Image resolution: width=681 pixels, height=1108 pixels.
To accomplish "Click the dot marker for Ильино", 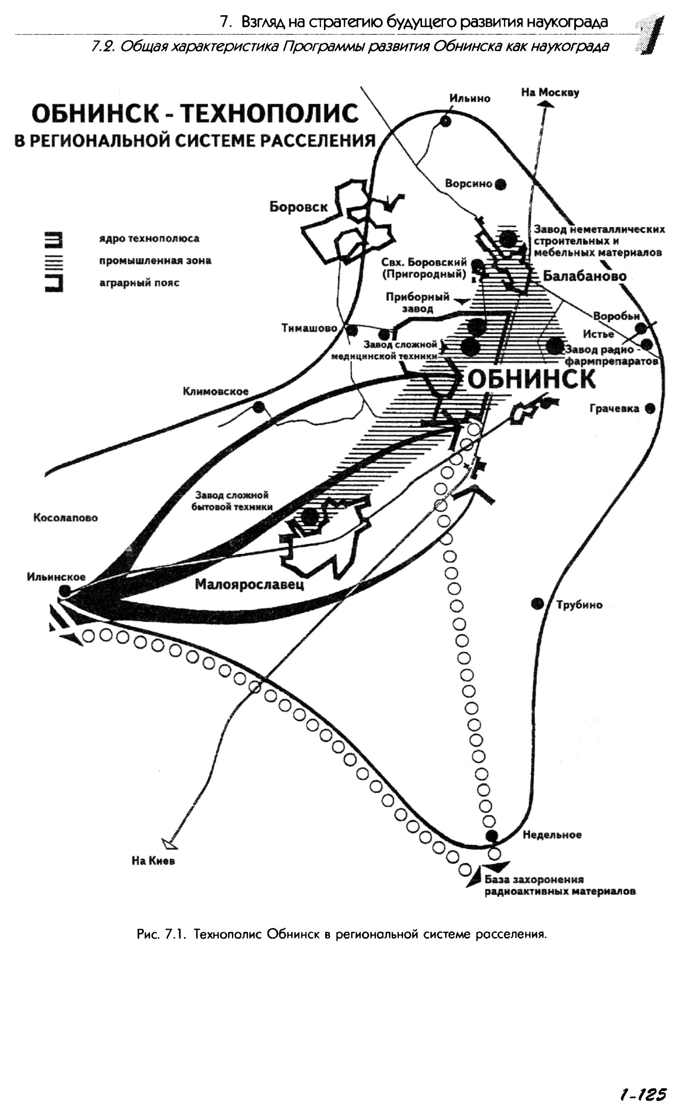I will (x=446, y=121).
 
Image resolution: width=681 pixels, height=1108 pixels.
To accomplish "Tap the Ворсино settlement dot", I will (x=501, y=184).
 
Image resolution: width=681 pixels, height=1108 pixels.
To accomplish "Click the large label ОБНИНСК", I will (x=532, y=380).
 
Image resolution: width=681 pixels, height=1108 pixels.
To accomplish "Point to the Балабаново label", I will (x=585, y=276).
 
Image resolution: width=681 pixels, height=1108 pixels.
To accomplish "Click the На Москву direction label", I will (x=550, y=93).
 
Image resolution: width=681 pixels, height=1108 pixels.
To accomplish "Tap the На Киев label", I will (x=153, y=861).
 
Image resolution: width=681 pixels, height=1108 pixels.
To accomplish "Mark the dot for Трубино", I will (x=537, y=604).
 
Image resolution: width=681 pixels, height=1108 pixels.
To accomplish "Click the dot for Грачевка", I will (x=650, y=408).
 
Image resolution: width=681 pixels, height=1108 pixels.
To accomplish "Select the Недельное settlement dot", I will (x=492, y=835).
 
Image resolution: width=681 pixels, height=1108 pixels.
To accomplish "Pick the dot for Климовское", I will (x=258, y=407).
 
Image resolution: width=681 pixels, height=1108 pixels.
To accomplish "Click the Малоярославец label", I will (x=249, y=584).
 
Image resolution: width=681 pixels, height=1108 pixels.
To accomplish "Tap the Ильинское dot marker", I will (x=65, y=591).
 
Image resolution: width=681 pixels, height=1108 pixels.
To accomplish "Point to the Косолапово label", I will (x=65, y=518).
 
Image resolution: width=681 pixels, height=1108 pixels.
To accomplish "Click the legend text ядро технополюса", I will (x=149, y=239).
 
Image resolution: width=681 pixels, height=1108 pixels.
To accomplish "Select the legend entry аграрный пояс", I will (x=139, y=283).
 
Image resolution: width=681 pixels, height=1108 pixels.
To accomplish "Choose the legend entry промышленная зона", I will (x=155, y=261).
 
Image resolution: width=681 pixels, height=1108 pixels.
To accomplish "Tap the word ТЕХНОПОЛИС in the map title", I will (x=269, y=114).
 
